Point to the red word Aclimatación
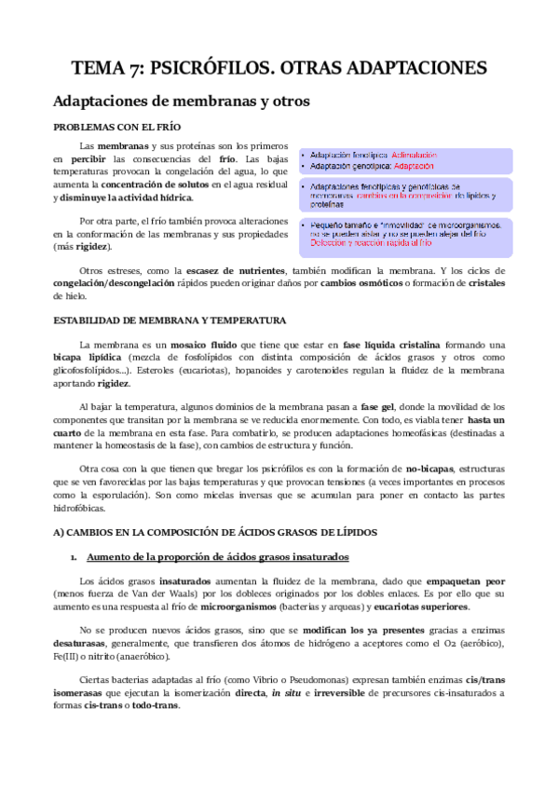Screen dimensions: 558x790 (x=418, y=154)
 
